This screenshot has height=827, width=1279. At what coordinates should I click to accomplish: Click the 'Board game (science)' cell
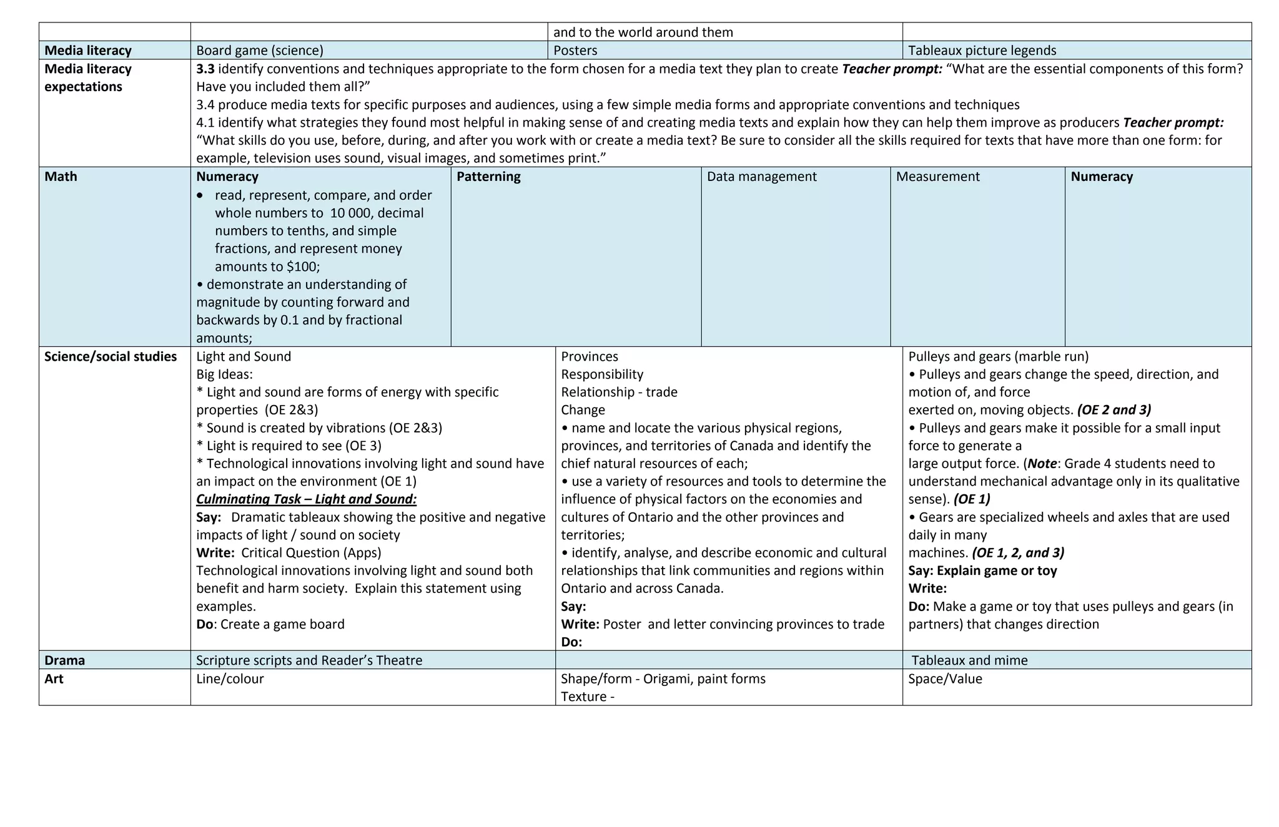[x=260, y=51]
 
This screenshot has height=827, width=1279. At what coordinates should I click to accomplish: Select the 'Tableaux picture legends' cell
[x=982, y=51]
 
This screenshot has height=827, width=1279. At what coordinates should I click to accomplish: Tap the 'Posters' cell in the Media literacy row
[x=575, y=51]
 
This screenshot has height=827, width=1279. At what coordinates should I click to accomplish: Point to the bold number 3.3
[x=205, y=69]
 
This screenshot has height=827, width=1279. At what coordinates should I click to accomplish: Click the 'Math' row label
[x=61, y=177]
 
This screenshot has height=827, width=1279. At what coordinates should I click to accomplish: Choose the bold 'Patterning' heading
[x=488, y=177]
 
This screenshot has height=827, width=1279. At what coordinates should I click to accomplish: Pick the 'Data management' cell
[x=761, y=177]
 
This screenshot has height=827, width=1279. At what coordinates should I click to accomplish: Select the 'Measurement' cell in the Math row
[x=937, y=177]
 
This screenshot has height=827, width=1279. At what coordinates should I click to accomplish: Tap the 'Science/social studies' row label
[x=111, y=356]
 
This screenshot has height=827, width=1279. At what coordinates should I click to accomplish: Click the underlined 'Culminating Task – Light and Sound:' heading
[x=306, y=499]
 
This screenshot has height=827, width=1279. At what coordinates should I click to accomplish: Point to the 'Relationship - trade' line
[x=619, y=392]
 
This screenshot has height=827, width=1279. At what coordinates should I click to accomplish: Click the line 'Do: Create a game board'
[x=270, y=624]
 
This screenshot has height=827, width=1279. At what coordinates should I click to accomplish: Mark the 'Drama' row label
[x=64, y=660]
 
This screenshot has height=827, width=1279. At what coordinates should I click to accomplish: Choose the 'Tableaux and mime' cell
[x=969, y=660]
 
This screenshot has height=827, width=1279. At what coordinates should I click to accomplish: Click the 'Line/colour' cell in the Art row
[x=230, y=678]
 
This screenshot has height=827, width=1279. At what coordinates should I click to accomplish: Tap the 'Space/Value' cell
[x=945, y=678]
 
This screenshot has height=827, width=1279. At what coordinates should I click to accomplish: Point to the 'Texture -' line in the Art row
[x=588, y=697]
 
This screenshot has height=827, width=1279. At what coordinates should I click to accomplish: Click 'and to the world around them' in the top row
[x=643, y=32]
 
